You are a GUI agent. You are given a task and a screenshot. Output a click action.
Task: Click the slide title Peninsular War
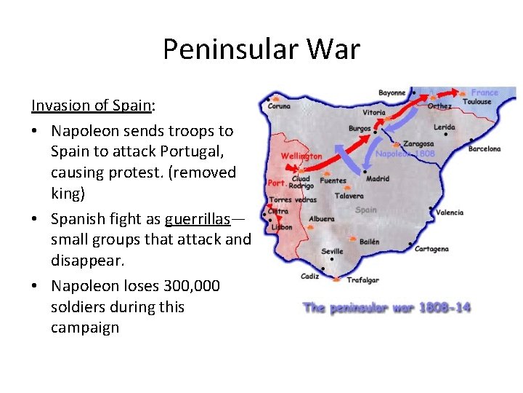[261, 49]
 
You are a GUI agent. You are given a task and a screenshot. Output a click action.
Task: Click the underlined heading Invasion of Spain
[92, 105]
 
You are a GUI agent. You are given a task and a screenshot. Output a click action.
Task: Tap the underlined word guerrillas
[196, 219]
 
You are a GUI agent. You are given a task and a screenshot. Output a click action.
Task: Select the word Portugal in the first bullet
[203, 151]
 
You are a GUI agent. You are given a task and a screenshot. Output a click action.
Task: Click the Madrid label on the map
[378, 178]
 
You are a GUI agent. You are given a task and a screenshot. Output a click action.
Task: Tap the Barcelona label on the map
[485, 149]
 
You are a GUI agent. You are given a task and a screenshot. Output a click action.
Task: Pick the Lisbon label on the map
[282, 227]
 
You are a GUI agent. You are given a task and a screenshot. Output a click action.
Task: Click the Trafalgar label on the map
[362, 280]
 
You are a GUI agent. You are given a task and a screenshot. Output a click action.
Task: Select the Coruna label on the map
[279, 106]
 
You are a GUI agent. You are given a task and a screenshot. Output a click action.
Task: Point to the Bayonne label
[392, 93]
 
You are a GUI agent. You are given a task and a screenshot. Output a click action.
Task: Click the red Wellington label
[301, 156]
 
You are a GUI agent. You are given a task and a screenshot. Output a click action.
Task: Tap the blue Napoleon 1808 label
[405, 154]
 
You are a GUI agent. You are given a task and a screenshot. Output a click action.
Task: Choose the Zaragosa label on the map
[418, 144]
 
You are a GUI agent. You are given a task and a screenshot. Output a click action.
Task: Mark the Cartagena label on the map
[431, 249]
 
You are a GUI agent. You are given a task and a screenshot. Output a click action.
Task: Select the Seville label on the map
[333, 251]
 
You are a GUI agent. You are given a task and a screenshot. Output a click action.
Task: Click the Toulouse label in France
[477, 102]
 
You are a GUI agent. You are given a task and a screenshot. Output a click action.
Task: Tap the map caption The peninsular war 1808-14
[386, 308]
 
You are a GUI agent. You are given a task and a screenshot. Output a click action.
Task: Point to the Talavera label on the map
[349, 196]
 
